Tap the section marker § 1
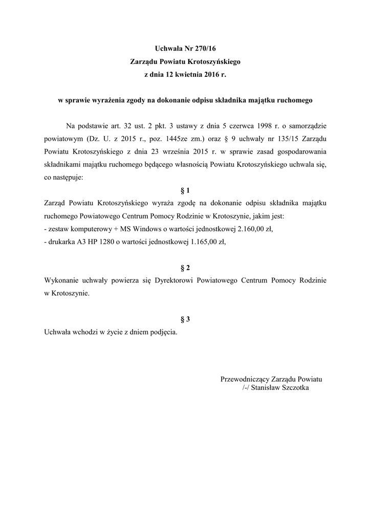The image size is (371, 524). pyautogui.click(x=185, y=190)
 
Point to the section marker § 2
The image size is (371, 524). pyautogui.click(x=185, y=268)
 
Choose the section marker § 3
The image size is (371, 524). pyautogui.click(x=185, y=319)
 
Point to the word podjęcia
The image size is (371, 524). pyautogui.click(x=162, y=332)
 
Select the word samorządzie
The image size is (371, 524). pyautogui.click(x=309, y=126)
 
